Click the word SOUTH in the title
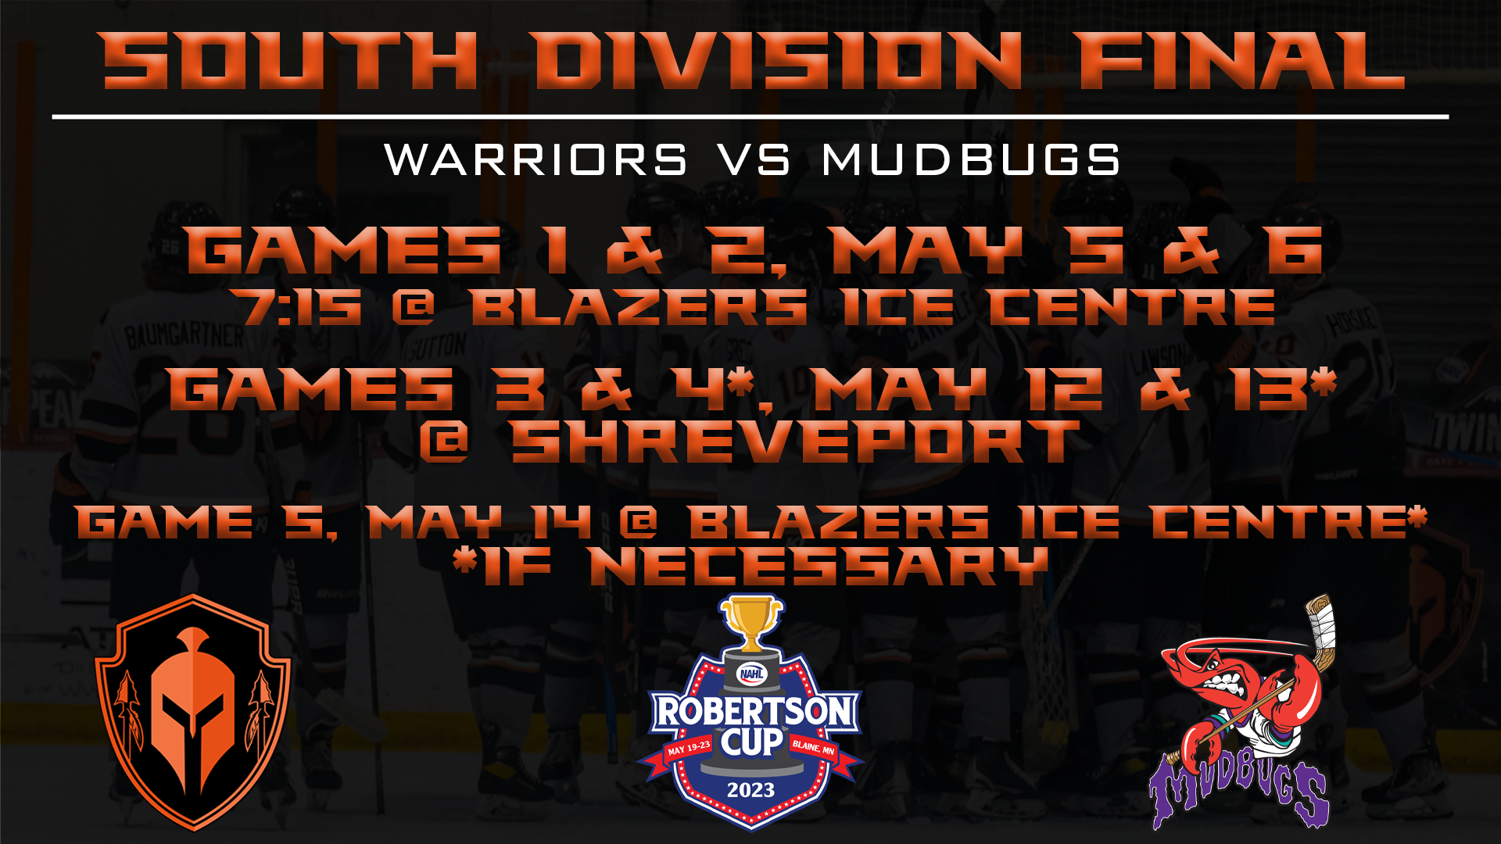[x=290, y=60]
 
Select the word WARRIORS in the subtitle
[x=536, y=159]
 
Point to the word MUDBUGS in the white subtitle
[x=972, y=159]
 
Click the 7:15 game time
[x=303, y=306]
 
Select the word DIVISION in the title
[x=779, y=60]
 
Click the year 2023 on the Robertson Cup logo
[x=750, y=790]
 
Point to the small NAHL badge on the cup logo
[x=751, y=674]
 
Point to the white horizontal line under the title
[x=750, y=117]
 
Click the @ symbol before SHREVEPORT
[x=444, y=442]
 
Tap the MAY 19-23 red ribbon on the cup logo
[x=688, y=749]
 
